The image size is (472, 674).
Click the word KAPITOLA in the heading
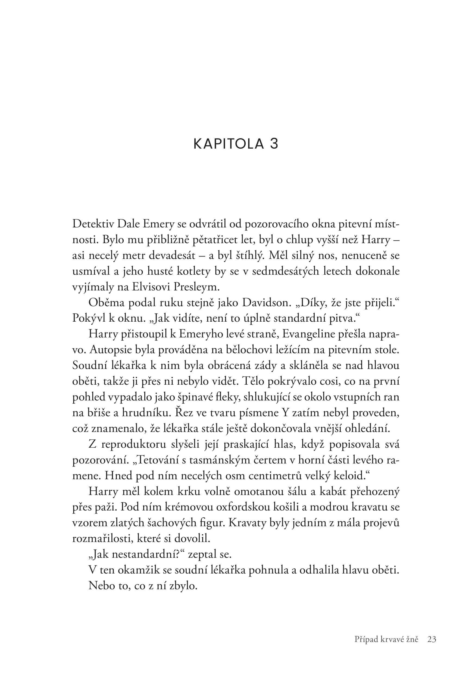[229, 144]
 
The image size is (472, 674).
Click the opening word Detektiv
[92, 224]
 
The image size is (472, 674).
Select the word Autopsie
[112, 350]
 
